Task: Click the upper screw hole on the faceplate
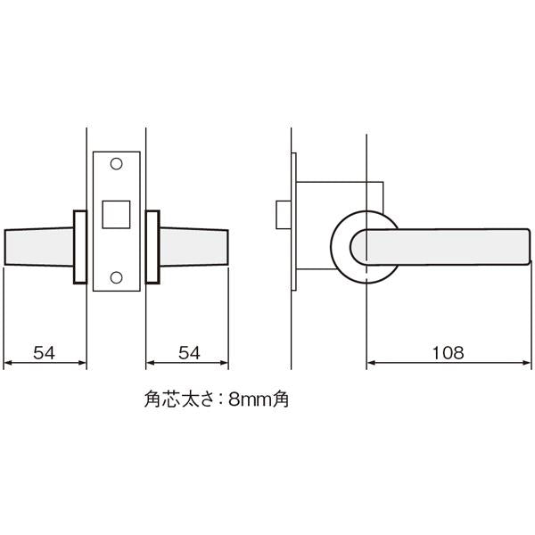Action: [116, 164]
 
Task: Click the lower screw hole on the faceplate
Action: [116, 277]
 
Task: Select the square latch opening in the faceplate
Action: [116, 214]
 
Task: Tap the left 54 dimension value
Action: [44, 353]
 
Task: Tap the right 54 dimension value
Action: [189, 353]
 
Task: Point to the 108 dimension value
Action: [448, 353]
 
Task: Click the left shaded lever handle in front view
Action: [39, 246]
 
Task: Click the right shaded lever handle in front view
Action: [193, 246]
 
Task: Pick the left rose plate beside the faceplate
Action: [80, 247]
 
